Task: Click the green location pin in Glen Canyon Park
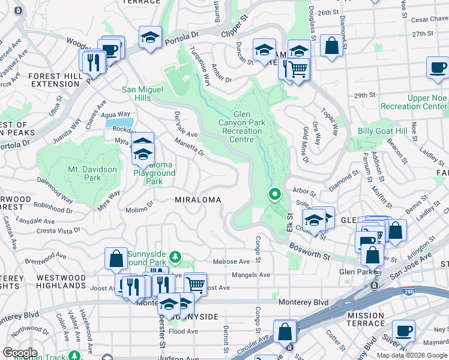pyautogui.click(x=275, y=194)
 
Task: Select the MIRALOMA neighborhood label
pyautogui.click(x=198, y=199)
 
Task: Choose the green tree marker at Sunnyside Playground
pyautogui.click(x=175, y=257)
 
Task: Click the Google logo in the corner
pyautogui.click(x=20, y=353)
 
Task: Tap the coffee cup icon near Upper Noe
pyautogui.click(x=438, y=67)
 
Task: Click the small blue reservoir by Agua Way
pyautogui.click(x=116, y=124)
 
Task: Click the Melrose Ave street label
pyautogui.click(x=231, y=262)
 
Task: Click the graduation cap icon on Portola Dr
pyautogui.click(x=150, y=38)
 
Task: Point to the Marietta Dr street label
pyautogui.click(x=189, y=147)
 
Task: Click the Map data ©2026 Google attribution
pyautogui.click(x=412, y=355)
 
